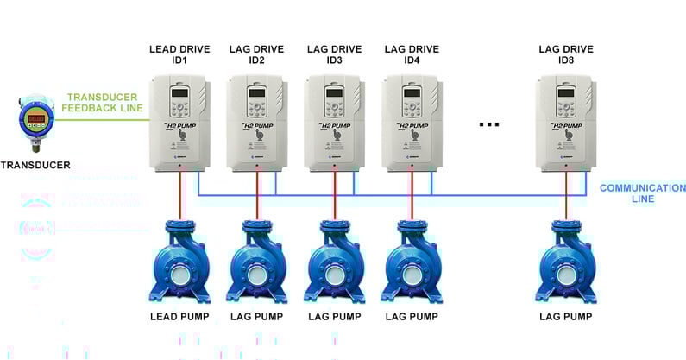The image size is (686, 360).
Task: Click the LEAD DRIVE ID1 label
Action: coord(179,56)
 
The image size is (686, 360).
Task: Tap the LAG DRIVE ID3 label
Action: coord(334,56)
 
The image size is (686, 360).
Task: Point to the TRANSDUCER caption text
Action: coord(35,165)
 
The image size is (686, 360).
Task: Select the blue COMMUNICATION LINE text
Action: coord(642,193)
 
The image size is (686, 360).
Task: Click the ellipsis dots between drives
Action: coord(489,124)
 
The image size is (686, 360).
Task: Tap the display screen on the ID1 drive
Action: coord(179,93)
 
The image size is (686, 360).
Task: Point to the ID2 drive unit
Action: coord(256,123)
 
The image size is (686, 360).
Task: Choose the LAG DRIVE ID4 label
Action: coord(412,56)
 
